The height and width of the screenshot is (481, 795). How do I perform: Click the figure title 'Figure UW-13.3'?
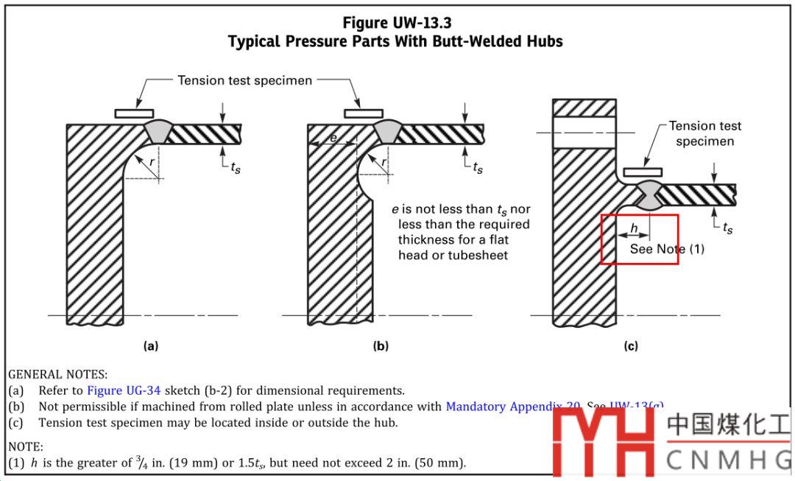tap(397, 23)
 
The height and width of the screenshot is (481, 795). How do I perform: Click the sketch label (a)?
tap(150, 345)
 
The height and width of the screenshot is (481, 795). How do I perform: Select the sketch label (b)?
tap(381, 345)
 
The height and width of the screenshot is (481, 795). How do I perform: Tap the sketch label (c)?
tap(631, 345)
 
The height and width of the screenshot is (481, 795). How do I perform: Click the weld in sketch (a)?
tap(158, 131)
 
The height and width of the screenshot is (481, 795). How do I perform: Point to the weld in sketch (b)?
tap(387, 131)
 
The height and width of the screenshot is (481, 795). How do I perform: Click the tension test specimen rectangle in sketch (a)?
tap(134, 113)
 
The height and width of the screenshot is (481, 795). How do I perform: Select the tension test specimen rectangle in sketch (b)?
tap(363, 113)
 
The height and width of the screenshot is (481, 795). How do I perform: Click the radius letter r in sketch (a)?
tap(152, 161)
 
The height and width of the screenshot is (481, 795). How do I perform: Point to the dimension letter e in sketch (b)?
tap(333, 138)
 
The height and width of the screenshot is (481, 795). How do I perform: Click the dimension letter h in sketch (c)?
tap(634, 229)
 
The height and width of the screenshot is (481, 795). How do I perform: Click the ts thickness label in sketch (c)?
tap(727, 228)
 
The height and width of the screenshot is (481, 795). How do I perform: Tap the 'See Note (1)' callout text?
tap(667, 249)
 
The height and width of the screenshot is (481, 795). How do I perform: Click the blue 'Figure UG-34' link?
tap(124, 390)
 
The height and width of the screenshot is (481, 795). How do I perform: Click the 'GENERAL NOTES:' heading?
tap(57, 375)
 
